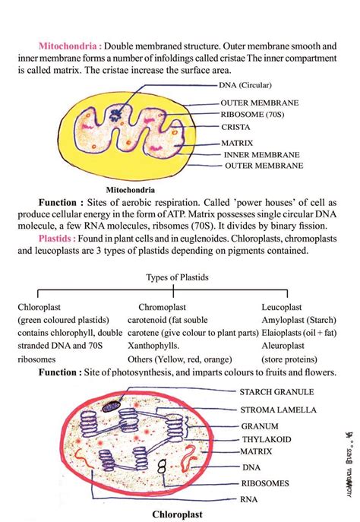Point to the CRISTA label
[235, 127]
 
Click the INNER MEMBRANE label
[261, 153]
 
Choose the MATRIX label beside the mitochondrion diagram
[237, 141]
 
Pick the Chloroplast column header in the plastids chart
[42, 307]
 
